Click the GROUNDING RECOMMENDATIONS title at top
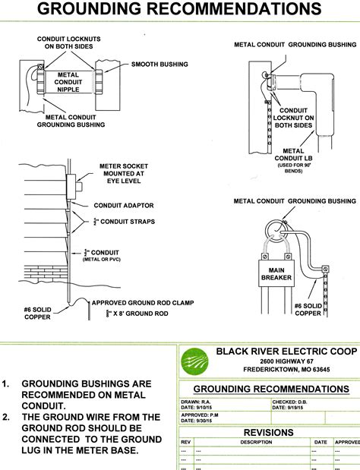179,11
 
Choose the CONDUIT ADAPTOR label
124,205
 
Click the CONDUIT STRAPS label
125,222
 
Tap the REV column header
185,441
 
